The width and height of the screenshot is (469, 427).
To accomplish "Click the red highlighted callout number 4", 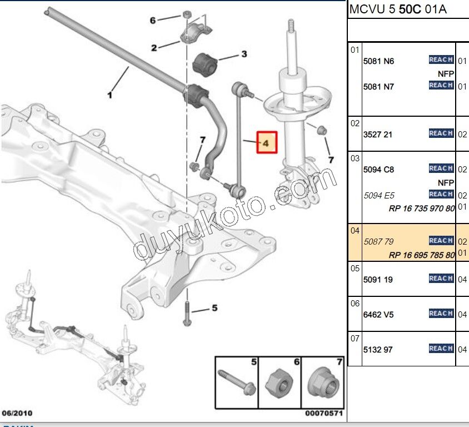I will (266, 142).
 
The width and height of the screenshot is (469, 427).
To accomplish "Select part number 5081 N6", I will (378, 61).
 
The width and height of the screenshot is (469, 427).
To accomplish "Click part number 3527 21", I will (377, 135).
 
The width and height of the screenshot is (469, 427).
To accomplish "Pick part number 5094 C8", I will (378, 170).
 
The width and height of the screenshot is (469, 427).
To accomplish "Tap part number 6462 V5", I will (378, 315).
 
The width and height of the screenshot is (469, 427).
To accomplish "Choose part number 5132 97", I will (377, 350).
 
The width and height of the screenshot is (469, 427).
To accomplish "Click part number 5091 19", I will (377, 280).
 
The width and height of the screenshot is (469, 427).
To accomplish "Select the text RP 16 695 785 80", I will (422, 255).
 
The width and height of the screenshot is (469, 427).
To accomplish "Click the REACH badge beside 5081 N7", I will (441, 85).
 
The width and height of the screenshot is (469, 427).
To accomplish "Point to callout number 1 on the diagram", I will (109, 96).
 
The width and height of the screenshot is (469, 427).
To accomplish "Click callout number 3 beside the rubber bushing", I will (243, 54).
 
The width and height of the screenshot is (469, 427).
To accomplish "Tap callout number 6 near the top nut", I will (153, 21).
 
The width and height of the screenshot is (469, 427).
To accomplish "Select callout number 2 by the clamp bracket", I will (154, 48).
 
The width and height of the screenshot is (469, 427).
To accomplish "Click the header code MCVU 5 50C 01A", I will (397, 9).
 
